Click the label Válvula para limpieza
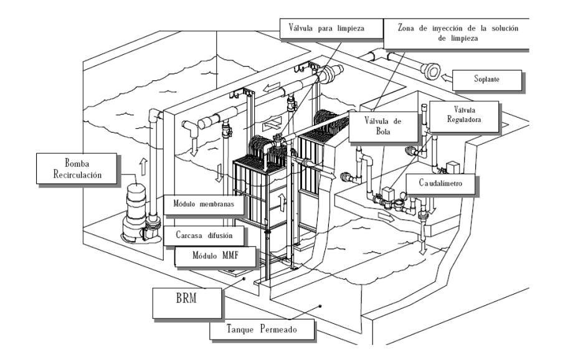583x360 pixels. pyautogui.click(x=326, y=29)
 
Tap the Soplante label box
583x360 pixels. pyautogui.click(x=486, y=79)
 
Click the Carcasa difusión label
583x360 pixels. pyautogui.click(x=203, y=235)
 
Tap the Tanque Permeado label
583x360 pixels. pyautogui.click(x=261, y=329)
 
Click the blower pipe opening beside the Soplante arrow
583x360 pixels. pyautogui.click(x=430, y=71)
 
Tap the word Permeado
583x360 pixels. pyautogui.click(x=283, y=329)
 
